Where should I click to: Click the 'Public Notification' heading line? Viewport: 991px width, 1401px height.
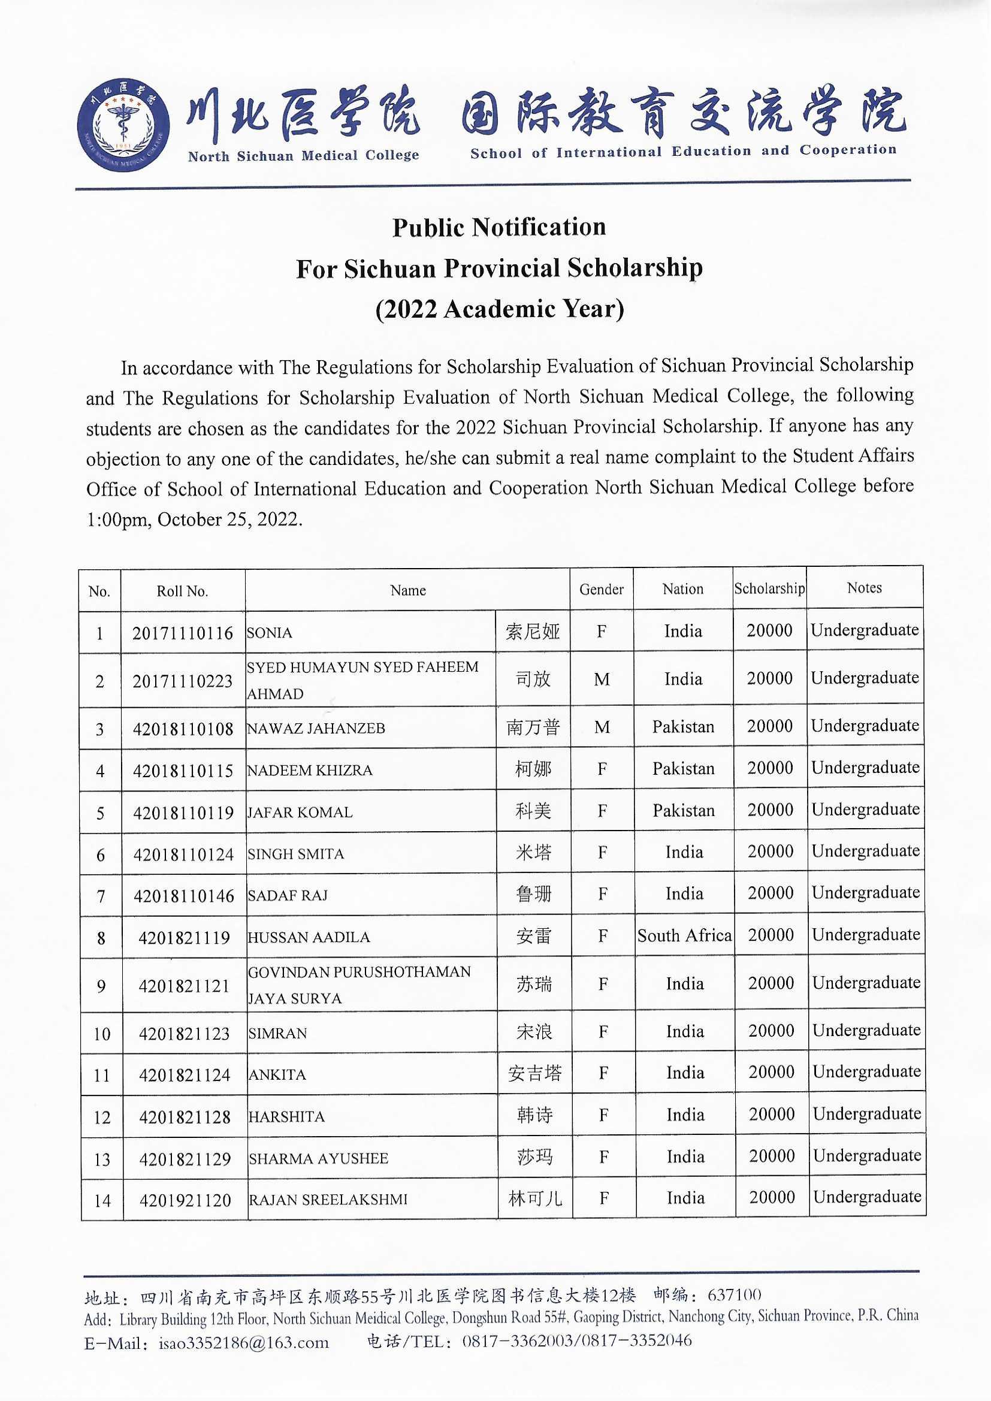click(x=498, y=227)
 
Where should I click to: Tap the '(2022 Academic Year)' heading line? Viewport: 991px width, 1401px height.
click(x=500, y=309)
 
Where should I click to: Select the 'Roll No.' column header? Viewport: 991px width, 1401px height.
click(x=183, y=591)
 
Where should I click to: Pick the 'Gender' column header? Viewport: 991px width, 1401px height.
click(x=601, y=589)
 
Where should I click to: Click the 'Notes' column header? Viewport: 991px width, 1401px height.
click(x=864, y=588)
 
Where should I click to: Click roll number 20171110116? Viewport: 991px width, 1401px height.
click(x=183, y=633)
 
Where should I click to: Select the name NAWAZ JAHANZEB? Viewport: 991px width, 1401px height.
click(x=316, y=728)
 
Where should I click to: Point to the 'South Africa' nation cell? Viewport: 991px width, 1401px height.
click(x=684, y=935)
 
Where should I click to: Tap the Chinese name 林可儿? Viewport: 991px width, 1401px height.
click(x=534, y=1198)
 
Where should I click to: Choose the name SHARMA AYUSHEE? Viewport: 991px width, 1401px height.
click(x=319, y=1158)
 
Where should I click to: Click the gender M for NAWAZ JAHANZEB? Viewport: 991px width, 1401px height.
click(x=602, y=727)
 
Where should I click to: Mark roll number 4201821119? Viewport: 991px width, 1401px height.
click(x=184, y=937)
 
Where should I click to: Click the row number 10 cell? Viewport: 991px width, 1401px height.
click(x=102, y=1034)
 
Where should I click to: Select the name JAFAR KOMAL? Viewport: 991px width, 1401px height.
click(x=300, y=812)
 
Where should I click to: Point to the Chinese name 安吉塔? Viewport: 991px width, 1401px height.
click(x=534, y=1073)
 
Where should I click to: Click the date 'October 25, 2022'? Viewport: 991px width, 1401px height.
click(x=229, y=520)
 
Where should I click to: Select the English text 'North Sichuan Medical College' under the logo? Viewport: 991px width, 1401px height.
click(x=303, y=156)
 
